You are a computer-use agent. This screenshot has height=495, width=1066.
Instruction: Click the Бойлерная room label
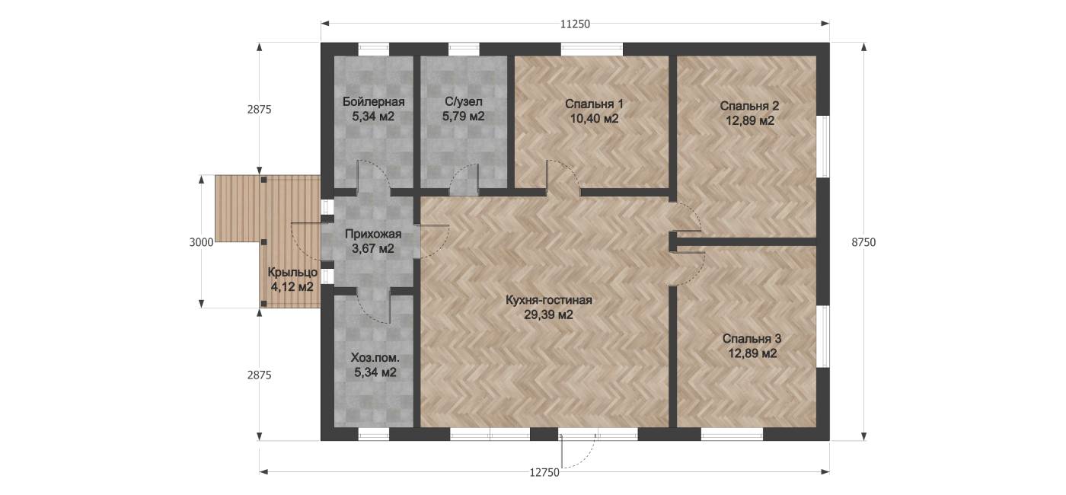(x=374, y=102)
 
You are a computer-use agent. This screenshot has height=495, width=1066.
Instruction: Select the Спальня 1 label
(x=594, y=104)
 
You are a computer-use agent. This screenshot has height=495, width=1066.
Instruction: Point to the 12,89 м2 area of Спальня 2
(x=749, y=121)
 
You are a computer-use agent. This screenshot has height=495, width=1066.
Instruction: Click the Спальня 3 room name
(x=752, y=339)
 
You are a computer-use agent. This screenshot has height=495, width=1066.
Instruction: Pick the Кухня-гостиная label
(x=549, y=300)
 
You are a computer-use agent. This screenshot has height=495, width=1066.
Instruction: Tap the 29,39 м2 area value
(x=548, y=315)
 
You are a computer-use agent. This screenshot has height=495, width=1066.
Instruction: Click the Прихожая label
(x=373, y=235)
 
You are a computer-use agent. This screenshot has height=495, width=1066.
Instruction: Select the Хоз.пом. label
(x=375, y=358)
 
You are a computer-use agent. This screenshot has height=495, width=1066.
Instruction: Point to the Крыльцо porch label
(x=292, y=273)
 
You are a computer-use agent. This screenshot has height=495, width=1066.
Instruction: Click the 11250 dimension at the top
(x=575, y=24)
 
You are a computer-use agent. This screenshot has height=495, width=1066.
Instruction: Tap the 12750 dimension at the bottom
(x=544, y=473)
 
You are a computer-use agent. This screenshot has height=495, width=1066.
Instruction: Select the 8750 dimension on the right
(x=863, y=242)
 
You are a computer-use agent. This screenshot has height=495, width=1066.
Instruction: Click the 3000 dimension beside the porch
(x=201, y=242)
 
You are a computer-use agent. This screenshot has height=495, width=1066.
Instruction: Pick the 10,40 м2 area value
(x=594, y=119)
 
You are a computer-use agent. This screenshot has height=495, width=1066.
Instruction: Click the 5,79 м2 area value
(x=464, y=117)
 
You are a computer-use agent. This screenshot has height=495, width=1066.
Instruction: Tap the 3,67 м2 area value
(x=373, y=248)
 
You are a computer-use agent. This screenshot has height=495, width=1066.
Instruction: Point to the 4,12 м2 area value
(x=292, y=287)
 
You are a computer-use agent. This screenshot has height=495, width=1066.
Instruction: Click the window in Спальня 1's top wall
(x=592, y=49)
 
